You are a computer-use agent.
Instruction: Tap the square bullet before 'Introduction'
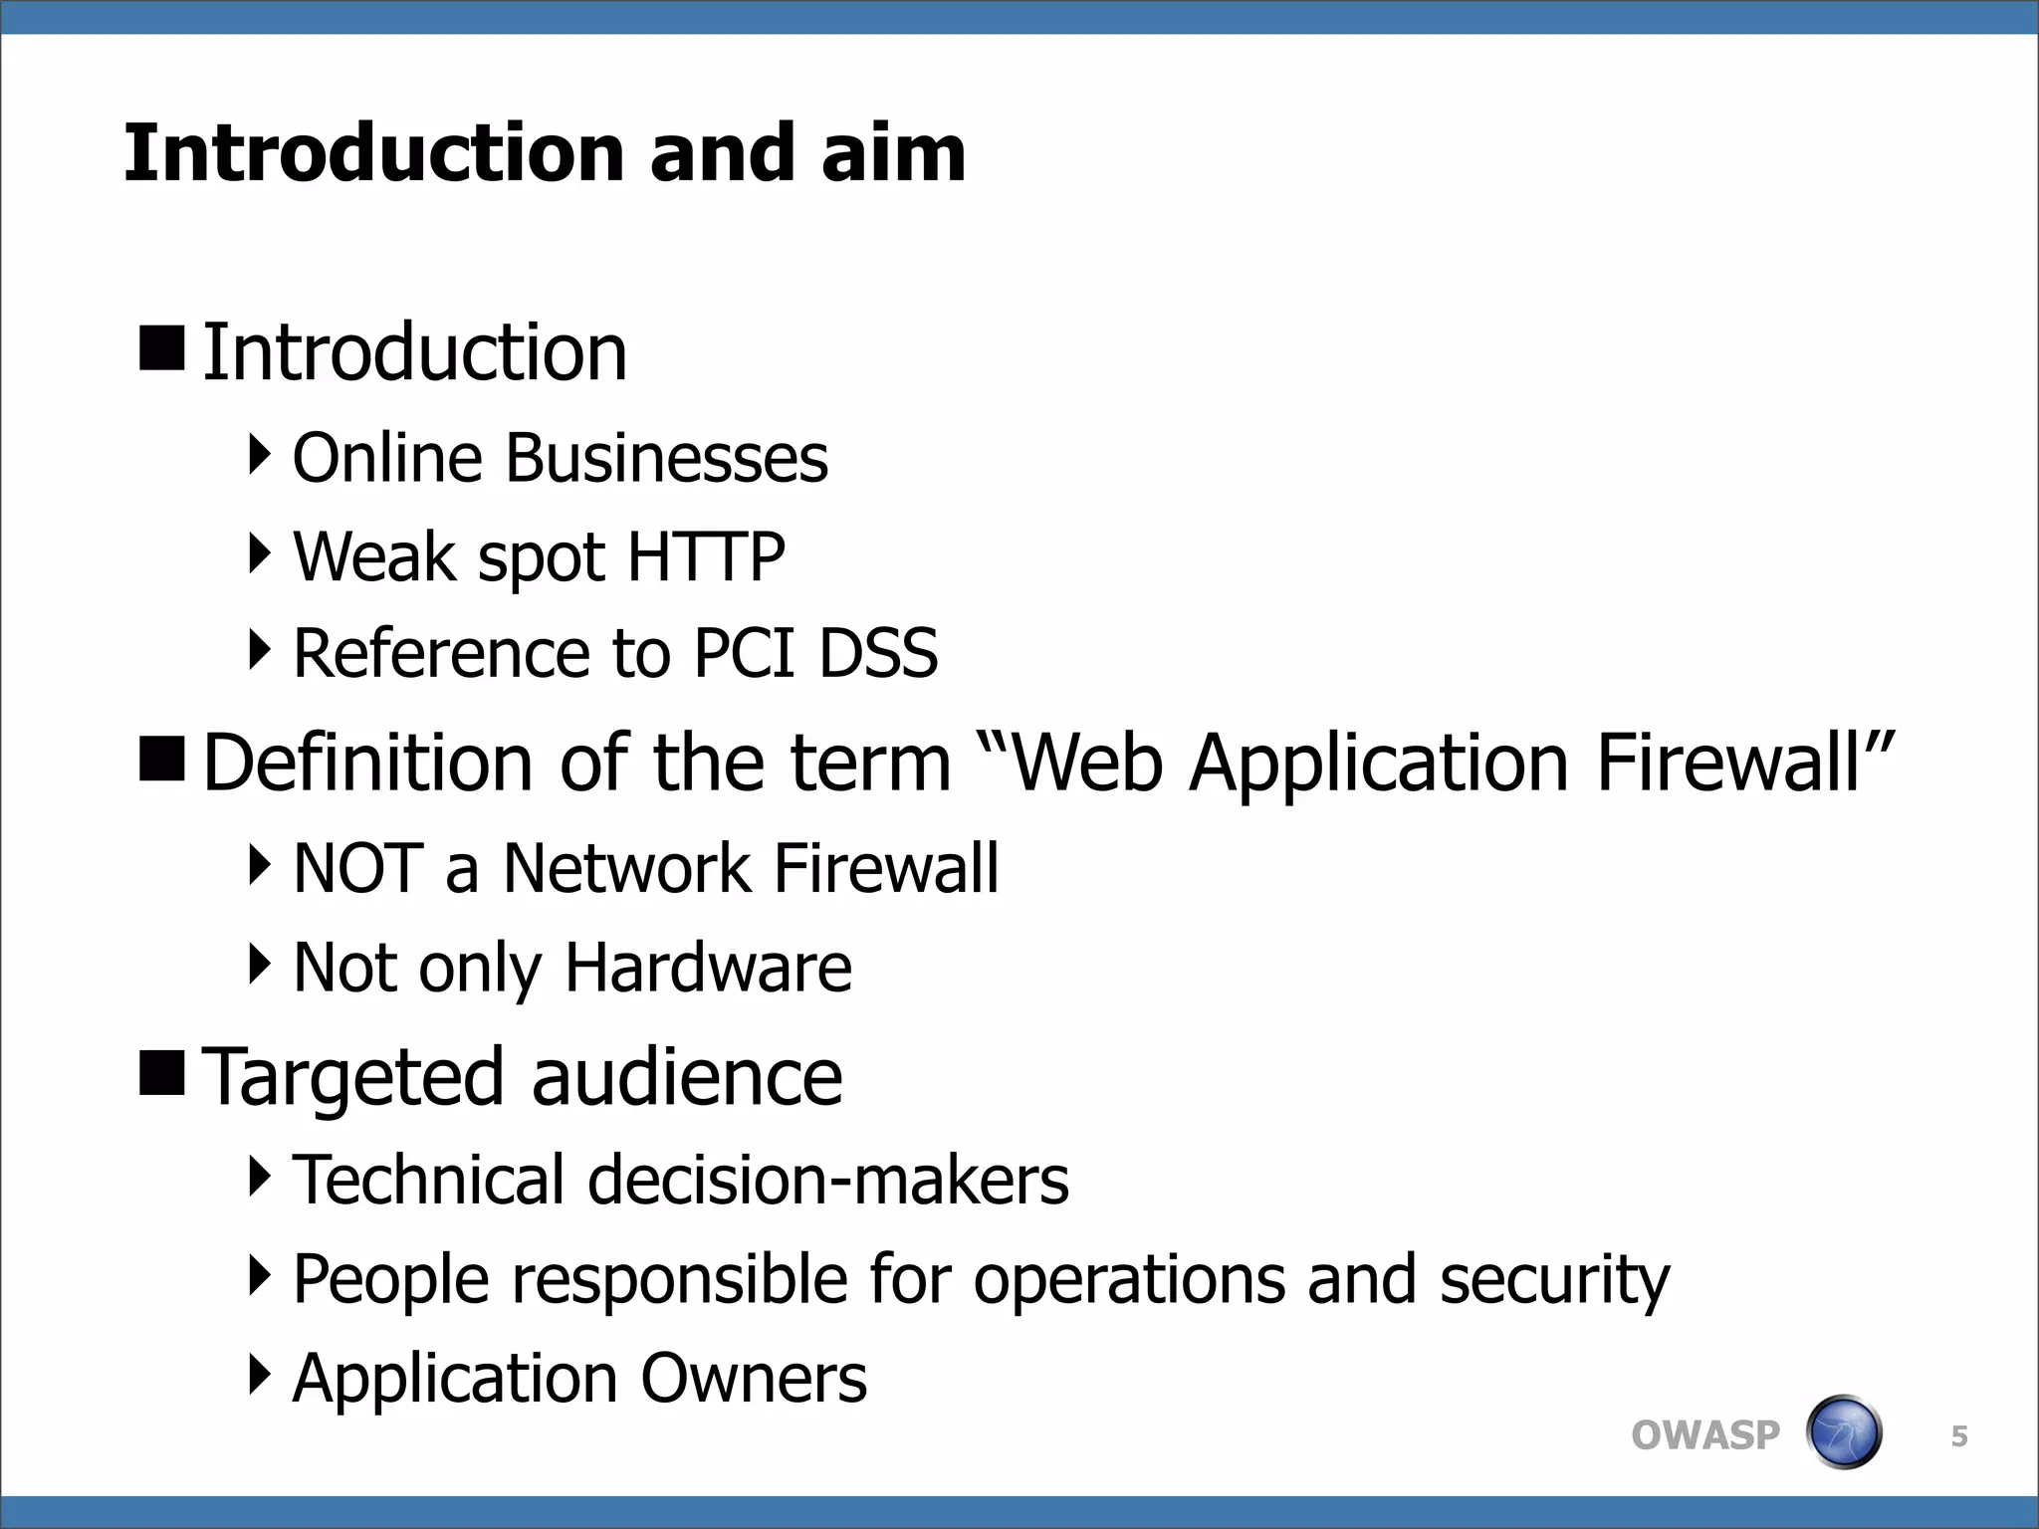(162, 348)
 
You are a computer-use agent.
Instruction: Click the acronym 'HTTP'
(706, 556)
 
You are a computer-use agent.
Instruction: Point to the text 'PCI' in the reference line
(744, 654)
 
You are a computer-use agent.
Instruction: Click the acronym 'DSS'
(878, 654)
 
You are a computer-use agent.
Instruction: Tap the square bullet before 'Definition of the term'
(162, 759)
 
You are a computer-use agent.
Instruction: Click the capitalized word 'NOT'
(358, 868)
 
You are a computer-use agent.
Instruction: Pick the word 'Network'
(626, 868)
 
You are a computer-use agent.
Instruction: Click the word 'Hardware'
(708, 968)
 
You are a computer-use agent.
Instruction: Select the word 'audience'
(687, 1078)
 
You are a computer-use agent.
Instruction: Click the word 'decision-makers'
(828, 1180)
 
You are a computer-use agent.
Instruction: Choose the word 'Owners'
(754, 1379)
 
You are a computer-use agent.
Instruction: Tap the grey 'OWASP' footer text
(1704, 1435)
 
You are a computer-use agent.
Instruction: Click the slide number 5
(1959, 1436)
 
